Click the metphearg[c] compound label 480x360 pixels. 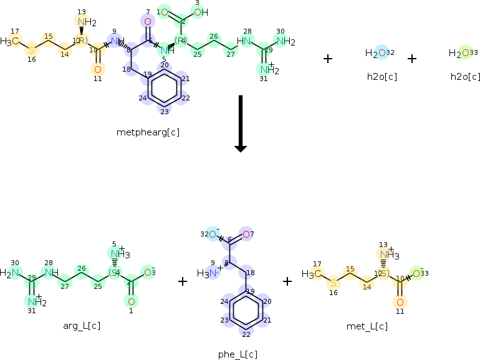tap(143, 132)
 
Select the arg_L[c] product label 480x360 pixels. tap(82, 326)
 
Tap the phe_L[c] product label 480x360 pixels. tap(238, 354)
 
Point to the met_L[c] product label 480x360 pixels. tap(367, 326)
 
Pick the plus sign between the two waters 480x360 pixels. tap(411, 59)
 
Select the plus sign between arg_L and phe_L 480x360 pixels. tap(183, 281)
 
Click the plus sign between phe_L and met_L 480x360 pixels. tap(287, 281)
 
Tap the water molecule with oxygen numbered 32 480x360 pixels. tap(380, 53)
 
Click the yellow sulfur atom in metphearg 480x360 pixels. tap(32, 49)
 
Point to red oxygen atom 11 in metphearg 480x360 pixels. tap(97, 69)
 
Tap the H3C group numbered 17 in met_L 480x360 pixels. tap(313, 274)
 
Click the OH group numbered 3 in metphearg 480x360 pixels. tap(200, 12)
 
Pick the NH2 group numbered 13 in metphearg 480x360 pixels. tap(85, 22)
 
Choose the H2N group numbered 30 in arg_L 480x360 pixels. tap(11, 273)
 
